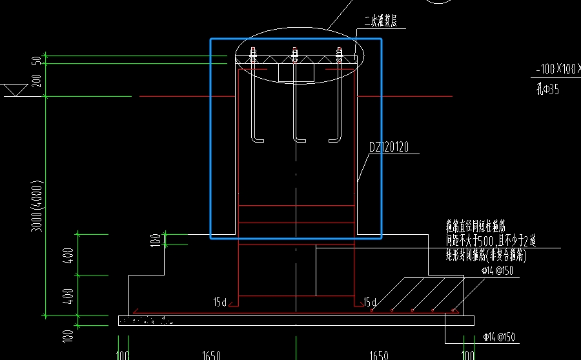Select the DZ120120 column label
[390, 147]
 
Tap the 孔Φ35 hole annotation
[547, 89]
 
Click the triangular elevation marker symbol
[13, 90]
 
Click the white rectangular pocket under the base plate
[296, 72]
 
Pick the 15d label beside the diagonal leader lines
[370, 302]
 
